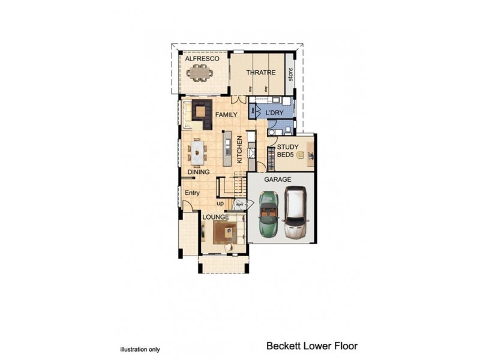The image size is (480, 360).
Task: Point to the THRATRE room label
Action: click(260, 73)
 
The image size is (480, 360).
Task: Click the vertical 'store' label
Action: click(290, 75)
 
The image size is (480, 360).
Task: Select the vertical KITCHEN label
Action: click(239, 149)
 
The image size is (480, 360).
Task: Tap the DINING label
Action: click(198, 172)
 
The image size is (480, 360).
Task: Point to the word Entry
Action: click(192, 193)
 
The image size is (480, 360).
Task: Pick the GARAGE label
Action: click(279, 179)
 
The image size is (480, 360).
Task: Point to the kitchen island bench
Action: click(227, 149)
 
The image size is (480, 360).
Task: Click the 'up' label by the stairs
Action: click(220, 203)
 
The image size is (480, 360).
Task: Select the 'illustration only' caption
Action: click(140, 349)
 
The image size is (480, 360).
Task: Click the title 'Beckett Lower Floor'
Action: click(312, 346)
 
